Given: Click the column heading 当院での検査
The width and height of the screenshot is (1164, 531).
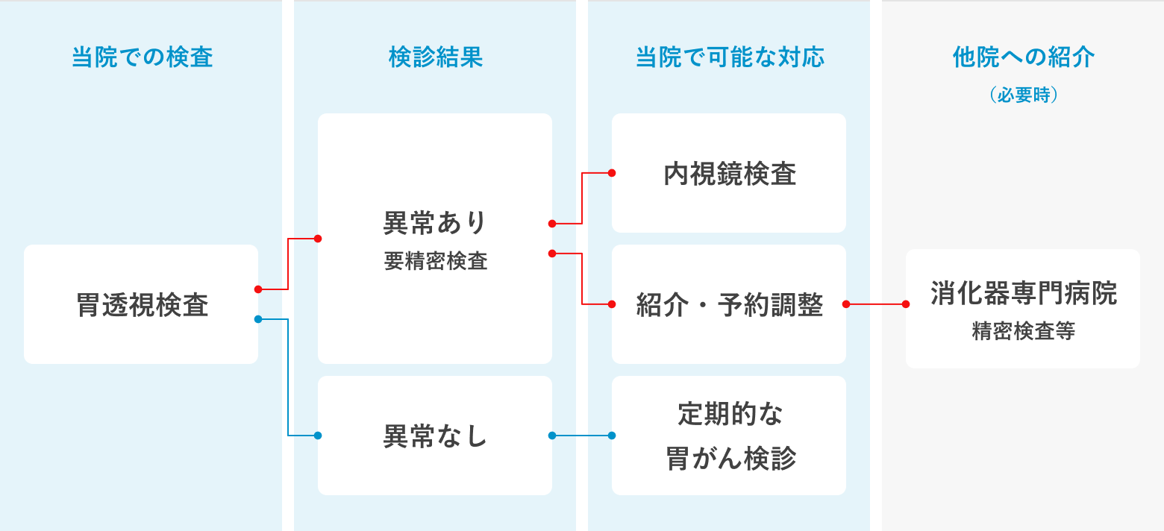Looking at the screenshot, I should (x=142, y=57).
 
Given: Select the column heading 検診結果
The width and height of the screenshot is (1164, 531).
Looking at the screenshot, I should (x=436, y=57).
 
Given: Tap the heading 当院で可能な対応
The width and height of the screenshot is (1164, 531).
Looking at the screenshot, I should (x=730, y=57).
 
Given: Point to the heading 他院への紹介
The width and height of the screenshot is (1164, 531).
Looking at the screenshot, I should (x=1023, y=57).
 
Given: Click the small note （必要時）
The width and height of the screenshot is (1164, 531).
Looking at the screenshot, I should (x=1023, y=95).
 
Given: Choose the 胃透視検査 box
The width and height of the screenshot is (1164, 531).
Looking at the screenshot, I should (x=141, y=304).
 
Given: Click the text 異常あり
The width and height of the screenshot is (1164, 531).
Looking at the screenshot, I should (x=435, y=222).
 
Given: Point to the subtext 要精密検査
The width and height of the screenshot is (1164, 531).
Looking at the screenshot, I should (x=435, y=261).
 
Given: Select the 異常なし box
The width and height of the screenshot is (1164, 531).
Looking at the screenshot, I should (x=435, y=436).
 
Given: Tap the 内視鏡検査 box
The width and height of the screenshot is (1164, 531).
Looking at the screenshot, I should (x=729, y=173).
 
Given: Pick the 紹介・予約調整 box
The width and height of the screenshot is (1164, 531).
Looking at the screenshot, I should (x=729, y=304).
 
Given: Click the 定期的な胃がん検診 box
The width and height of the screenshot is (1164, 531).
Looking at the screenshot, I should (x=729, y=436).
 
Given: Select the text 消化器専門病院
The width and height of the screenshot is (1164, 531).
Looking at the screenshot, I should (x=1023, y=294).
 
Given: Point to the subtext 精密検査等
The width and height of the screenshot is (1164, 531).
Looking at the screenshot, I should (x=1023, y=332).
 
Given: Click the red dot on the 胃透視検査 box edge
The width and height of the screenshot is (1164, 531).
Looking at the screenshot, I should (x=258, y=289).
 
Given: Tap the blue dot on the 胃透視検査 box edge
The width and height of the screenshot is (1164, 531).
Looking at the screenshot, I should (x=258, y=319).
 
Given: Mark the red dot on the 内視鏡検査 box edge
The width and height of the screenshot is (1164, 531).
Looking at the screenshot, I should (x=612, y=173).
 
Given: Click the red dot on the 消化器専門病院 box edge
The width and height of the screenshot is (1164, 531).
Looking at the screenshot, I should (x=906, y=304).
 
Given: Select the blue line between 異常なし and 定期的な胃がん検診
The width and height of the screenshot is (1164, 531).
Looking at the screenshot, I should (x=582, y=436).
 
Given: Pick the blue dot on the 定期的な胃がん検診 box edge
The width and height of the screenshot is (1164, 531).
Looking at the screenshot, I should (x=612, y=436).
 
